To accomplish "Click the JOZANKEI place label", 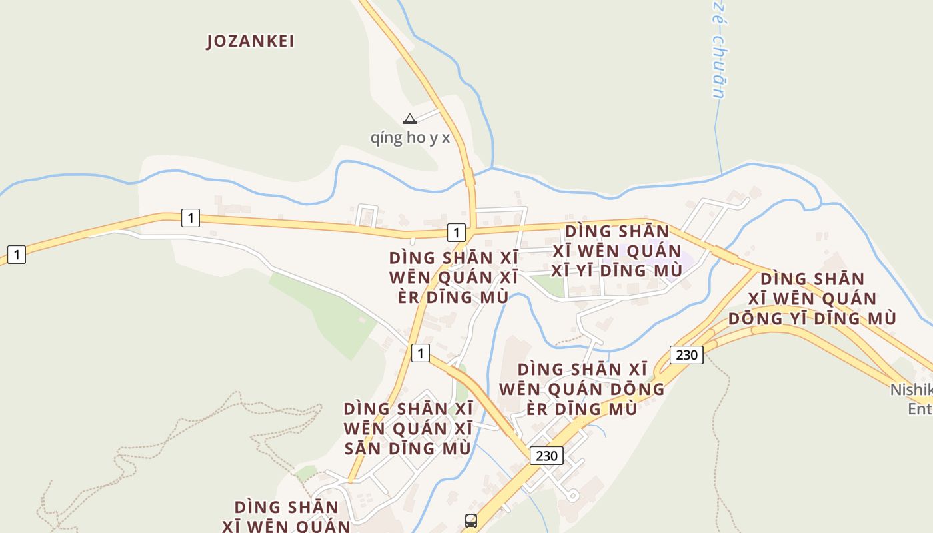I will (x=250, y=41).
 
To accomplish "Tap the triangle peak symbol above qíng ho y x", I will (x=410, y=119).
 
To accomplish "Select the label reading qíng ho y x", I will (x=410, y=138).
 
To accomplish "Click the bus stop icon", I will (x=471, y=521).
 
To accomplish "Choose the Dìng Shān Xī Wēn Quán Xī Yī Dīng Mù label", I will (x=616, y=251).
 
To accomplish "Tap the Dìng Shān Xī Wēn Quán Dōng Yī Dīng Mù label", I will (x=812, y=298).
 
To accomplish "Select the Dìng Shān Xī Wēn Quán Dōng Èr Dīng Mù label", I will (x=582, y=388).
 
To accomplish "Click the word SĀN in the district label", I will (x=364, y=448).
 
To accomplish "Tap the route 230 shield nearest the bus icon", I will (x=546, y=456).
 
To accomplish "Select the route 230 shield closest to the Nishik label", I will (x=686, y=354).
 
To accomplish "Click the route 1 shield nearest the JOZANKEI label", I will (x=191, y=217).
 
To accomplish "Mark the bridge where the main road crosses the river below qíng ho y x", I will (x=469, y=178).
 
